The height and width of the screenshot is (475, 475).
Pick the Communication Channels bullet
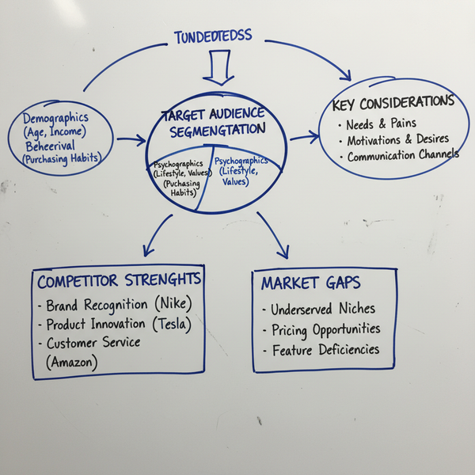402,155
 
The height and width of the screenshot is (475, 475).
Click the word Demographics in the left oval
56,118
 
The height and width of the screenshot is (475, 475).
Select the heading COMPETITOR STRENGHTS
119,280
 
